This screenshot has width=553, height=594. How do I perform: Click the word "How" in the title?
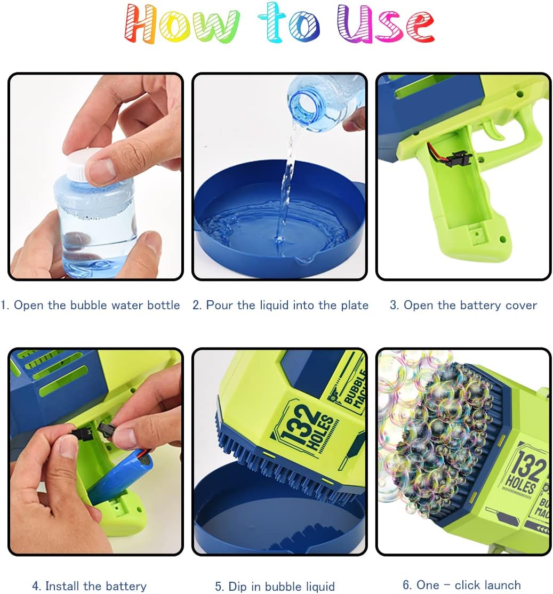(182, 23)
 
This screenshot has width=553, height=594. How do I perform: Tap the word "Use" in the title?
(386, 23)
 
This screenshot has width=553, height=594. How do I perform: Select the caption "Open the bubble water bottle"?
(97, 305)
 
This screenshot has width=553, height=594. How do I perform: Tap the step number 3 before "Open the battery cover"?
(394, 306)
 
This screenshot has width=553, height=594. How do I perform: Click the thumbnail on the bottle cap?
(99, 168)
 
